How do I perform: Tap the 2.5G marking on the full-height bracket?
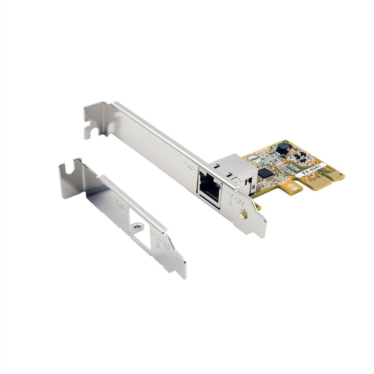[189, 164]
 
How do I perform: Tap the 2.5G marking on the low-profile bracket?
[119, 202]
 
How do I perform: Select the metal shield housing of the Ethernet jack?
[237, 171]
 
